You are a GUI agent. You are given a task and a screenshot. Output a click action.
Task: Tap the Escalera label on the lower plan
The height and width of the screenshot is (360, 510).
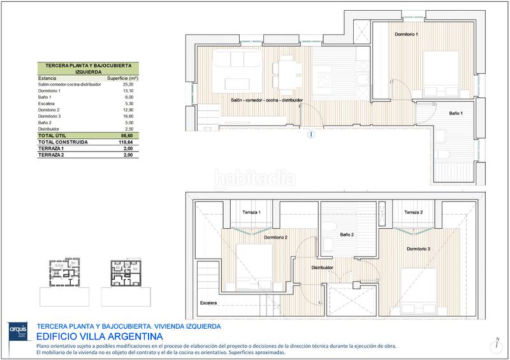pos(207,302)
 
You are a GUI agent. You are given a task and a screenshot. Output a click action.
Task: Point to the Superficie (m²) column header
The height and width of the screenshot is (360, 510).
pos(123,78)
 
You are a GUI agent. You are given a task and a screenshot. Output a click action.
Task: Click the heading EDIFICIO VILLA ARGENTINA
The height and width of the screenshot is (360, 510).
pos(99,336)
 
